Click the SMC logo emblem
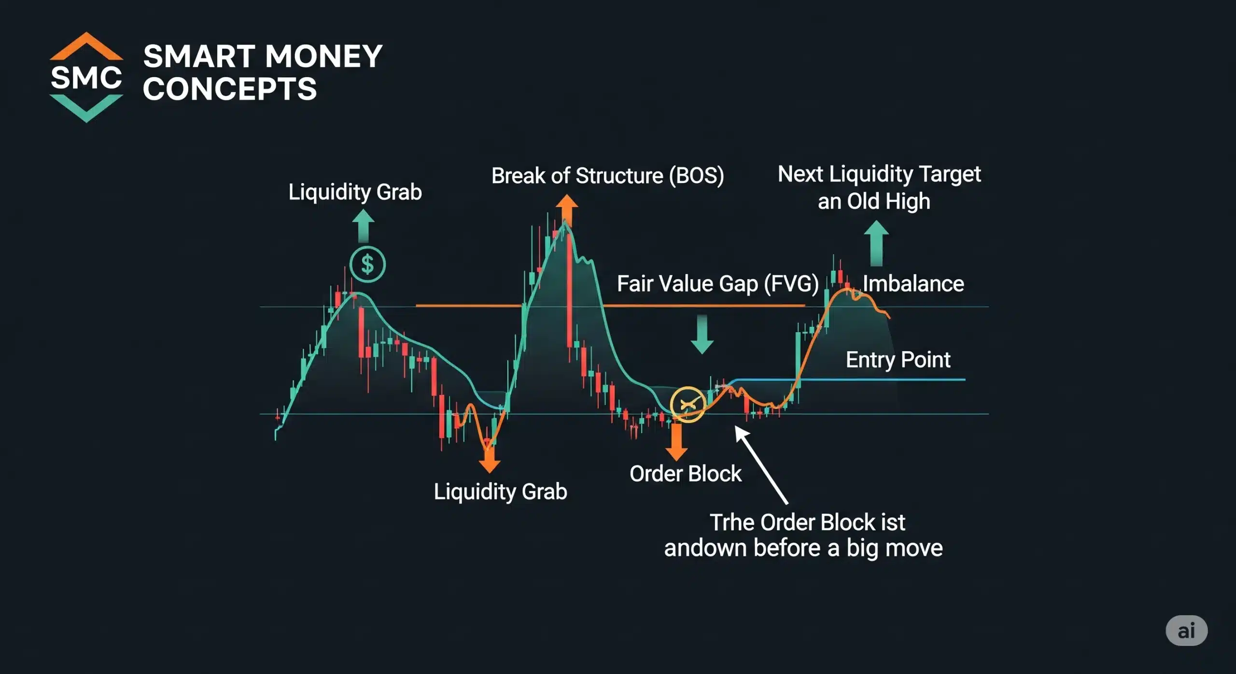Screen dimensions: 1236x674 [86, 77]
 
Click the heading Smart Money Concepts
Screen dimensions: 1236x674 [263, 72]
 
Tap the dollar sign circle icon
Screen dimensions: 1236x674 [367, 265]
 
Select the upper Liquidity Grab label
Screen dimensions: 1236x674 [355, 192]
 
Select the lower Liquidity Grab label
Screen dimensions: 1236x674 [500, 492]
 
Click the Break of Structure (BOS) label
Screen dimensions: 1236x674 [607, 176]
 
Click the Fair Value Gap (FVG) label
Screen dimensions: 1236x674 [717, 284]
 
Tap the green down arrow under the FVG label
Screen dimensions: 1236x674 [702, 334]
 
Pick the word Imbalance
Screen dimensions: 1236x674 [913, 284]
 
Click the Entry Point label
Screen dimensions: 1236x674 [898, 360]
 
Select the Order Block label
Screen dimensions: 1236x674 [685, 474]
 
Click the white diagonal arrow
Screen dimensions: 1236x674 [761, 465]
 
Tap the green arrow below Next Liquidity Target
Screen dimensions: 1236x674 [876, 243]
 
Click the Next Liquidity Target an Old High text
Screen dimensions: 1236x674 [879, 187]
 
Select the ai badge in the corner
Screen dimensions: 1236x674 [1186, 631]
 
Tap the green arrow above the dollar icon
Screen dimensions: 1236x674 [363, 227]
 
